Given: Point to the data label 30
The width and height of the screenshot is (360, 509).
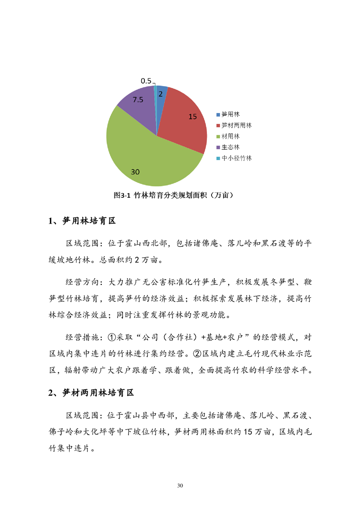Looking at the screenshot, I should [135, 172].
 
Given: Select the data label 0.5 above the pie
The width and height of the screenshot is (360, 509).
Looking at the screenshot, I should [146, 81].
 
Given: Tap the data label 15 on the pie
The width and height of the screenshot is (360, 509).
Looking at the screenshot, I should [192, 117].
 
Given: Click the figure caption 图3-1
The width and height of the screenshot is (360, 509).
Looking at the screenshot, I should [122, 196].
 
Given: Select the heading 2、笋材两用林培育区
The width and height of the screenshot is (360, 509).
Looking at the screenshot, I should [91, 393].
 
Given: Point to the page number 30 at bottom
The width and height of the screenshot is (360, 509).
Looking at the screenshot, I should [180, 486].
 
